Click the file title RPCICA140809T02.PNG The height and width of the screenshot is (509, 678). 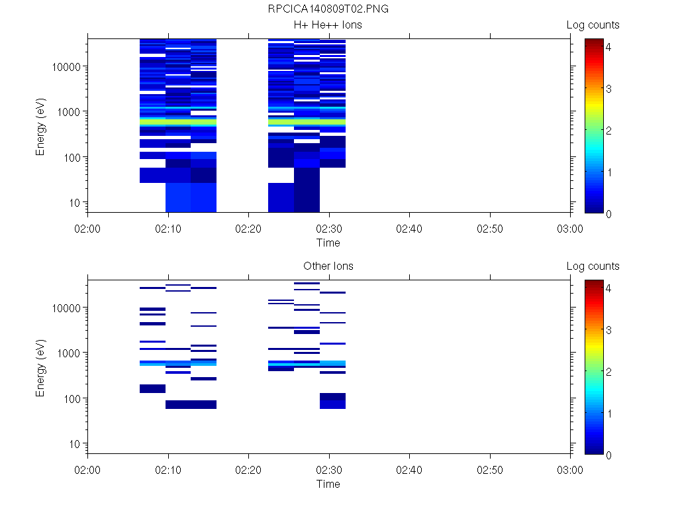[328, 9]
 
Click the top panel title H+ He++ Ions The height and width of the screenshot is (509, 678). [328, 25]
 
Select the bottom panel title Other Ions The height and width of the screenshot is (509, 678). [328, 266]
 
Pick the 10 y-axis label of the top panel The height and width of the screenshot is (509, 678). [75, 202]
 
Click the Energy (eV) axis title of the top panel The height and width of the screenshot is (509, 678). [41, 125]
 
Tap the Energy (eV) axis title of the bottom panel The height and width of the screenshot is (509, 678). [41, 367]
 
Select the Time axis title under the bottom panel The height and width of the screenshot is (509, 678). [328, 484]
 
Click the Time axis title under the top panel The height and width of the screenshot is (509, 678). [328, 243]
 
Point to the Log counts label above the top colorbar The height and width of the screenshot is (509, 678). [593, 25]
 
